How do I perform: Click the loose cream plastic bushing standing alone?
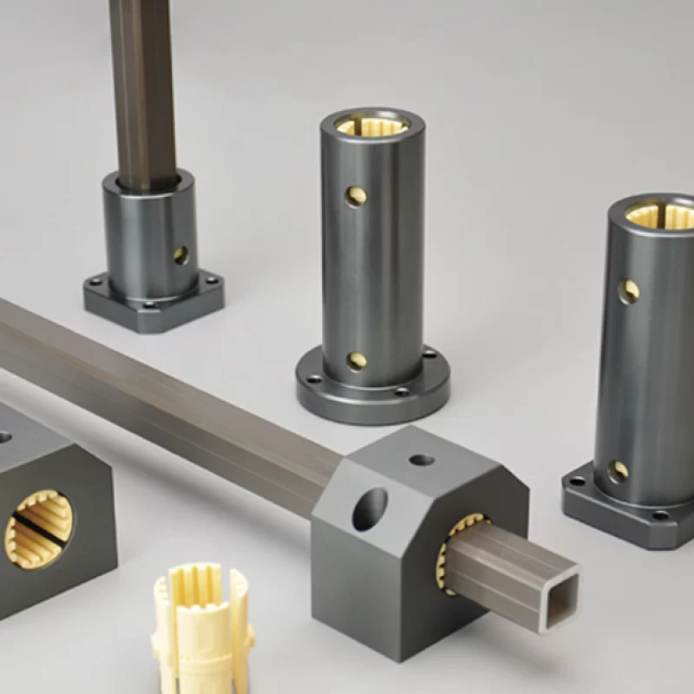coord(202,625)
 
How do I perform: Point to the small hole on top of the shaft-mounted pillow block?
coord(422,459)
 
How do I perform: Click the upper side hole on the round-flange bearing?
coord(356,196)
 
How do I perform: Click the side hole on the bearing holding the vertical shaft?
coord(180,255)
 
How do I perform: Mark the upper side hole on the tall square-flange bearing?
coord(629,291)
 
